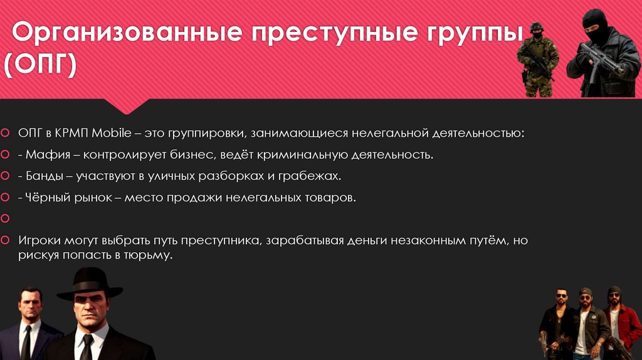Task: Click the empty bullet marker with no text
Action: click(x=5, y=219)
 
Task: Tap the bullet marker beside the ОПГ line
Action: click(x=5, y=134)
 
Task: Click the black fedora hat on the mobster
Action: click(x=89, y=282)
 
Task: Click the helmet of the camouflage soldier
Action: click(x=536, y=27)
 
